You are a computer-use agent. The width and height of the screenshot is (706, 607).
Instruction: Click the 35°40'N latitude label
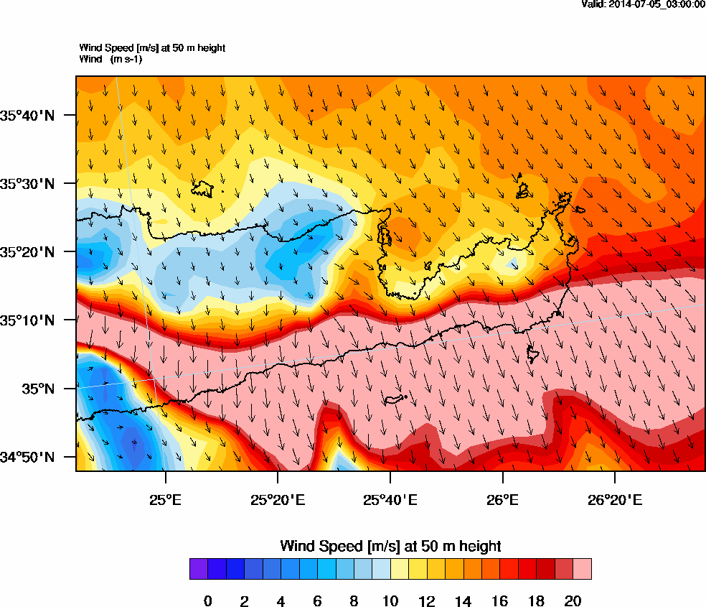coord(32,115)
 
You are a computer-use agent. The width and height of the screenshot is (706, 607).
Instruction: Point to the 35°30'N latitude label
coord(32,183)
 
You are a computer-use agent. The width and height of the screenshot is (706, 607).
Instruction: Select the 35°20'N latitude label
coord(32,251)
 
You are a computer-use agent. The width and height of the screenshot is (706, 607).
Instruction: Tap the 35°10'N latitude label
coord(32,320)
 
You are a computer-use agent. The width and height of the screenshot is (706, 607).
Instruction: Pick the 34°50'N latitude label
coord(32,457)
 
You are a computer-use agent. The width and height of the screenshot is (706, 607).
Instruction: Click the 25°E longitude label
coord(166,499)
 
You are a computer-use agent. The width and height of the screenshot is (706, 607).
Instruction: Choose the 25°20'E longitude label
coord(278,499)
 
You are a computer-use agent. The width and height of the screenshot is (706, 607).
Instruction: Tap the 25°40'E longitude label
coord(390,499)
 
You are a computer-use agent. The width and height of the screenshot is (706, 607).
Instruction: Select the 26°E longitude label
coord(502,499)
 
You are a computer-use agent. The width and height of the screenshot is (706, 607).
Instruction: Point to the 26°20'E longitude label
coord(615,499)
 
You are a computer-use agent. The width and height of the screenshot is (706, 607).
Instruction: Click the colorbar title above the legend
coord(390,546)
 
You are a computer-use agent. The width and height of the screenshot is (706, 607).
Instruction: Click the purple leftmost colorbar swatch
coord(199,569)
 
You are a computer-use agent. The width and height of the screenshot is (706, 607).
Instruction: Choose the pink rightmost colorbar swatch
coord(582,569)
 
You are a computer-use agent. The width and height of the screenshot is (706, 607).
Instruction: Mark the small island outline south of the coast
coord(395,399)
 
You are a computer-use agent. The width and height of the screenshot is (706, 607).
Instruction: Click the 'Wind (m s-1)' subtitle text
coord(110,59)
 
